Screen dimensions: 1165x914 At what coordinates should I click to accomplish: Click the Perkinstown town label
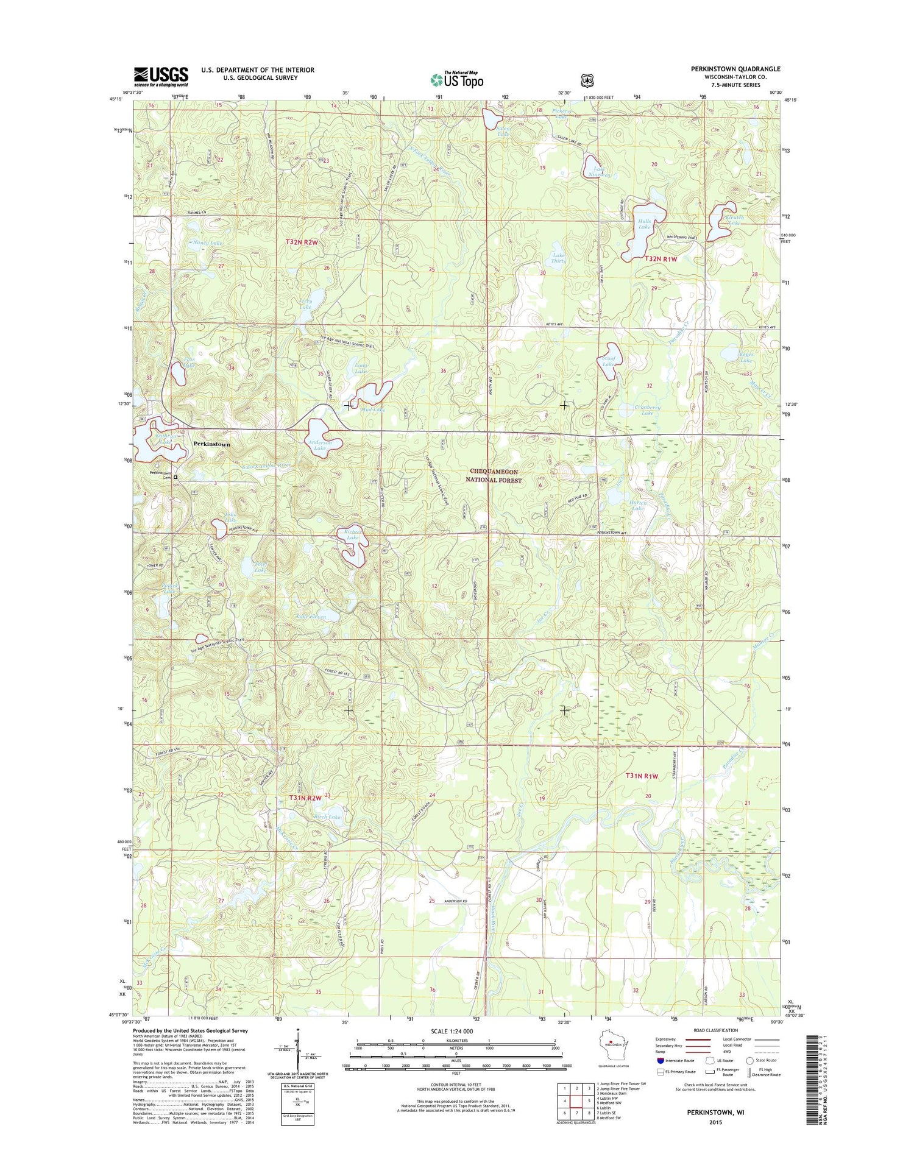(x=211, y=444)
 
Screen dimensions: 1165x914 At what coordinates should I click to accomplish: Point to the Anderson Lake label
(x=319, y=445)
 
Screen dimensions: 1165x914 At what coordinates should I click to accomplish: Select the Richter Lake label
(x=352, y=535)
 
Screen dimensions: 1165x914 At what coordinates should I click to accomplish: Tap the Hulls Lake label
(x=644, y=224)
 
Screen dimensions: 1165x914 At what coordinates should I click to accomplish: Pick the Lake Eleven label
(x=311, y=617)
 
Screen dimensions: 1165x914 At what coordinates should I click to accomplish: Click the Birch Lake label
(x=327, y=817)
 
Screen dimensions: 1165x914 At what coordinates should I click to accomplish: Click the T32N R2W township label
(x=302, y=243)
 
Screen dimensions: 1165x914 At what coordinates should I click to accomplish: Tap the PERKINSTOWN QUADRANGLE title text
(x=735, y=69)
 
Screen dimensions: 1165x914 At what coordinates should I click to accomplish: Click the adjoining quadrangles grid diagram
(x=576, y=1100)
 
